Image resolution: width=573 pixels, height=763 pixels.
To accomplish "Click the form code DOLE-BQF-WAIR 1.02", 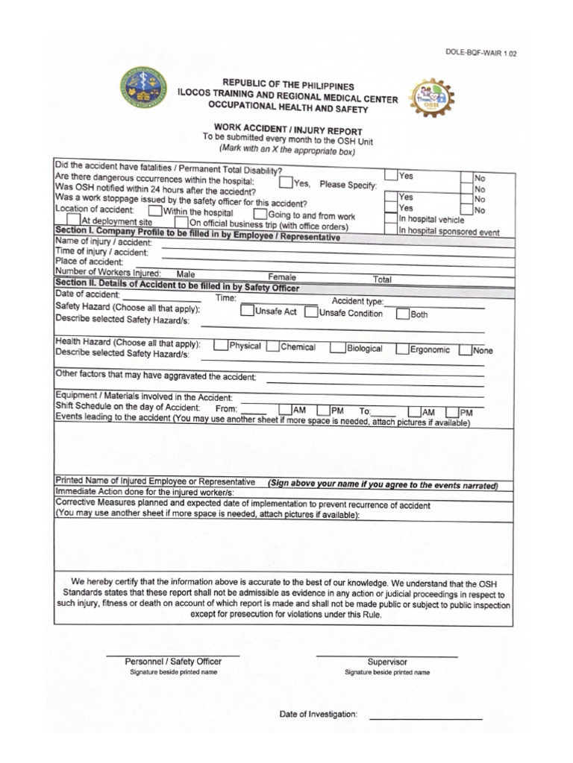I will point(481,53).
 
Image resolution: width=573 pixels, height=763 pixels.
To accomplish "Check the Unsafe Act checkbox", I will point(246,311).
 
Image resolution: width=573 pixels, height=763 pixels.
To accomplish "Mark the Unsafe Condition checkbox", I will point(310,312).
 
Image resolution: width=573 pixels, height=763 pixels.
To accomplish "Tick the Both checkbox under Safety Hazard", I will point(402,314).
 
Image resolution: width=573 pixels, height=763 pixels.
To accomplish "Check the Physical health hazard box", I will point(220,346).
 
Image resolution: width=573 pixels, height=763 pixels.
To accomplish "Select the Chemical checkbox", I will point(272,346).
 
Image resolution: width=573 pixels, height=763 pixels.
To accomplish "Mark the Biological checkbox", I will point(337,348).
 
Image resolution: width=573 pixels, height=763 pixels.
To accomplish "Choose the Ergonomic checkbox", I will point(402,349).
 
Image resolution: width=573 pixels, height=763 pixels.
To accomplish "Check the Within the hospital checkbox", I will point(154,211).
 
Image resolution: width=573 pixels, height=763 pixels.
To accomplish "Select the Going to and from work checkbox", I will point(260,215).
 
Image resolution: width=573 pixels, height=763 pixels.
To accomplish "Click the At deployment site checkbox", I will point(73,220).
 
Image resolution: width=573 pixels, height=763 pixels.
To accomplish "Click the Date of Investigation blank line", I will point(425,718).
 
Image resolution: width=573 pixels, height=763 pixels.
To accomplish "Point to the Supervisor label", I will point(387,662).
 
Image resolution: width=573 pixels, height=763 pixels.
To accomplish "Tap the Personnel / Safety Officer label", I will point(173,661).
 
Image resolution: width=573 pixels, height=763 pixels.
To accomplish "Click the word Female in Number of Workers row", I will point(282,276).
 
